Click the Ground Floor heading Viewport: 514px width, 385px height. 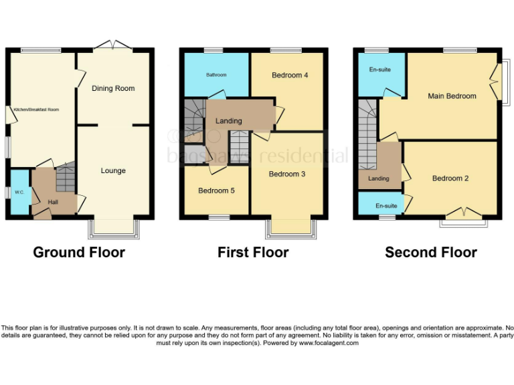(x=79, y=252)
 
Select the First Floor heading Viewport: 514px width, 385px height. (x=253, y=252)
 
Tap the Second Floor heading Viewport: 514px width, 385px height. (x=430, y=252)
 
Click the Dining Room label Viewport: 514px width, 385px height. (x=113, y=88)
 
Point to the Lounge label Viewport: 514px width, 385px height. (x=113, y=170)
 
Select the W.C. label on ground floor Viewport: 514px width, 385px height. (x=19, y=192)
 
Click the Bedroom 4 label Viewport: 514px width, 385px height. (x=290, y=75)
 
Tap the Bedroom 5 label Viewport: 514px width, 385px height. (x=216, y=190)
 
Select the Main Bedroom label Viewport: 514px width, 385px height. (x=452, y=96)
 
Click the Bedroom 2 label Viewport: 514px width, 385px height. (x=450, y=178)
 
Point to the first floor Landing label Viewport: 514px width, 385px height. (x=228, y=121)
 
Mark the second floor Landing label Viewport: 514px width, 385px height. (x=378, y=178)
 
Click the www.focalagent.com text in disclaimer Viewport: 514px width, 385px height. (x=329, y=343)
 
